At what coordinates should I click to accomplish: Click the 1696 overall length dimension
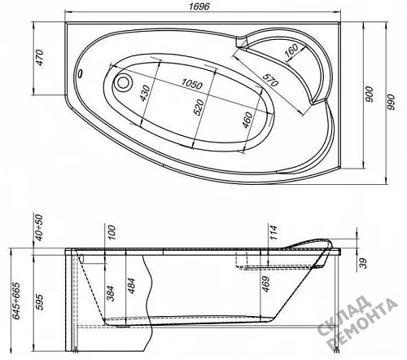click(x=199, y=7)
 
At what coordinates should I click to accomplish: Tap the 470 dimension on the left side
click(x=40, y=58)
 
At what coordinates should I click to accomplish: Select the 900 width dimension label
click(x=370, y=94)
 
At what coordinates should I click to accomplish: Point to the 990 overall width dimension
click(x=391, y=102)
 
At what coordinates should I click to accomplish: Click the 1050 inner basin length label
click(x=192, y=84)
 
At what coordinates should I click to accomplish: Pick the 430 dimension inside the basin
click(x=145, y=93)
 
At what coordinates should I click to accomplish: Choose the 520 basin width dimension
click(x=199, y=108)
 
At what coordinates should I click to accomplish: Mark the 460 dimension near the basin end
click(x=247, y=120)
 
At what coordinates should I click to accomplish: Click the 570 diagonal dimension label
click(x=270, y=80)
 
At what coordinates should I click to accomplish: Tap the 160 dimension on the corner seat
click(x=291, y=51)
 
